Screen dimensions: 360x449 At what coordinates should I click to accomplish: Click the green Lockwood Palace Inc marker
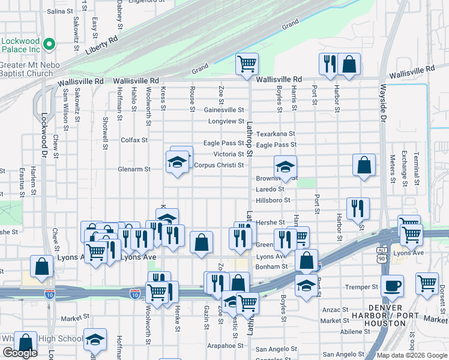51,44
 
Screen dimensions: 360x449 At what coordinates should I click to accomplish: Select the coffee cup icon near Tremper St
392,286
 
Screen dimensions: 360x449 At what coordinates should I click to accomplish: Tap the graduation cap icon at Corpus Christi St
177,162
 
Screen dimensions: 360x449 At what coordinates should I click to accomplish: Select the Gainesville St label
224,110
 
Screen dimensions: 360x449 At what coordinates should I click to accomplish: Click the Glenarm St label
134,169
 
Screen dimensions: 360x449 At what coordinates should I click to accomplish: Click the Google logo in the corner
20,353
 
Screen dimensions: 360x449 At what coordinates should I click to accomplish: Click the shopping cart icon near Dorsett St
427,283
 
